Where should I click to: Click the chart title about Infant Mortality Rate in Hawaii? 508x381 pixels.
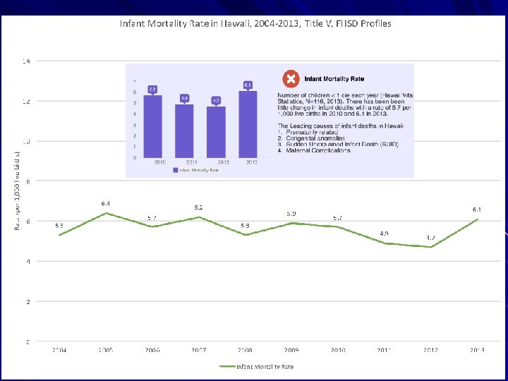tap(255, 23)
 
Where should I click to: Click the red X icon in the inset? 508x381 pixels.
tap(290, 80)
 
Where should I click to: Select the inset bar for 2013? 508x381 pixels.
tap(248, 123)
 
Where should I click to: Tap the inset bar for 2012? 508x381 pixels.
tap(217, 131)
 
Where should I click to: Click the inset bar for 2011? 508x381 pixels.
tap(184, 131)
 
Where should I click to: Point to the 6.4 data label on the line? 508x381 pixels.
tap(105, 204)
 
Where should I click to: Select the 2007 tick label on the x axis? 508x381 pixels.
tap(198, 350)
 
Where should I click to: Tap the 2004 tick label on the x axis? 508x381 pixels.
tap(59, 350)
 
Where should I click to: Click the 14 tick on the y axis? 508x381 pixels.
tap(25, 61)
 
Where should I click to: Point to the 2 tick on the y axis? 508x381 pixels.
tap(28, 302)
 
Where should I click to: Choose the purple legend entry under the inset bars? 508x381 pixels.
tap(198, 170)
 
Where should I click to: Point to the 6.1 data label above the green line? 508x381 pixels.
tap(477, 210)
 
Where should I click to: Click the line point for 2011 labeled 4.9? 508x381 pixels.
tap(384, 243)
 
